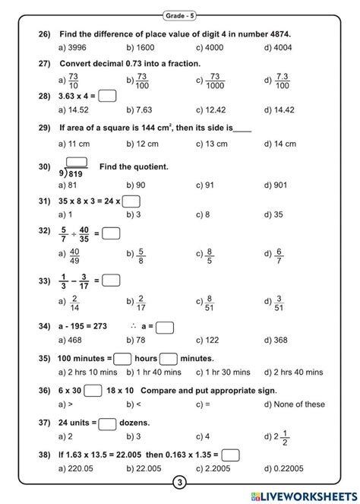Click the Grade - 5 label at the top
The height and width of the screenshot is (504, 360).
(x=179, y=14)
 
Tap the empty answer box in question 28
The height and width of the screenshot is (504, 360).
(x=107, y=96)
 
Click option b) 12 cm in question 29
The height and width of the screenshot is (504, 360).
(x=143, y=143)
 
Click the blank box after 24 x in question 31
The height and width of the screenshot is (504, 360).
(x=131, y=201)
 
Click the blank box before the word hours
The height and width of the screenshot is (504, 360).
(x=123, y=358)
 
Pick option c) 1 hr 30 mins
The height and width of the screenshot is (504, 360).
(x=222, y=372)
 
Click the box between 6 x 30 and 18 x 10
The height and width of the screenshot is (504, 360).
(x=93, y=391)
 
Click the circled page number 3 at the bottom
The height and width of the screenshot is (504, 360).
(x=180, y=483)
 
